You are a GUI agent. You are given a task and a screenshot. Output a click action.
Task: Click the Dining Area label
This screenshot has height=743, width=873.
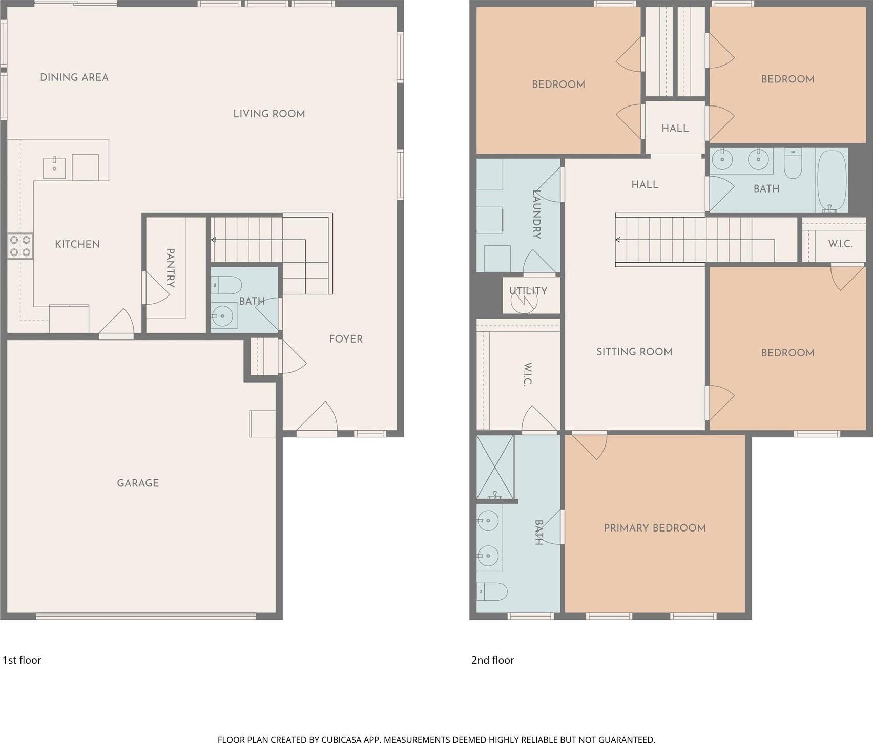click(74, 77)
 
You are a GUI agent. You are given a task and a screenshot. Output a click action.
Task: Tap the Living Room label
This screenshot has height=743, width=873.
click(269, 114)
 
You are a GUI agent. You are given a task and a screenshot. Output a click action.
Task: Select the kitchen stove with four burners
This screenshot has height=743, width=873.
click(20, 246)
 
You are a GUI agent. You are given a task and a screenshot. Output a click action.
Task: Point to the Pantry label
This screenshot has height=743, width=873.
click(171, 268)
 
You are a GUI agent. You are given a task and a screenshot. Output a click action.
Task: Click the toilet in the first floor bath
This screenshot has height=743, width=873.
click(226, 285)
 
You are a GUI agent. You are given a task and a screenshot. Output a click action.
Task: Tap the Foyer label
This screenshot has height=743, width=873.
click(346, 339)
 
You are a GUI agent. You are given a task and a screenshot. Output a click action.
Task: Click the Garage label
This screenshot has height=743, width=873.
click(138, 483)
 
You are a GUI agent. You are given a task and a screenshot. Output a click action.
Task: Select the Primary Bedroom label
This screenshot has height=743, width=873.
click(655, 528)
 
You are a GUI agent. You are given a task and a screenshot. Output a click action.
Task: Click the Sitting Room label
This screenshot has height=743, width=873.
click(634, 352)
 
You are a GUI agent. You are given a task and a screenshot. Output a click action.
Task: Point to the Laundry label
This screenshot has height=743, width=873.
click(536, 214)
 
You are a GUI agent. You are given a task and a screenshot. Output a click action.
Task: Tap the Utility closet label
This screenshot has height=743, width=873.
click(528, 291)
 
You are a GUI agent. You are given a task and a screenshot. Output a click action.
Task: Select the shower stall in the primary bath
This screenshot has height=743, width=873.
click(495, 467)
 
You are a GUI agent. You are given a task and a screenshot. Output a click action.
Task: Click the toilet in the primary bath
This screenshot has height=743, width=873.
click(492, 591)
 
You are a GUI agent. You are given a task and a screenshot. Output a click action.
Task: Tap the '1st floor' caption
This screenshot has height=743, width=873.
click(22, 660)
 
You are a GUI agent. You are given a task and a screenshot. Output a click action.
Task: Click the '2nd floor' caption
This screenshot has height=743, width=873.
click(493, 660)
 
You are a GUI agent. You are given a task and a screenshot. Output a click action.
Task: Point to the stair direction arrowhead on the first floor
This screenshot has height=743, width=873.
click(213, 240)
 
